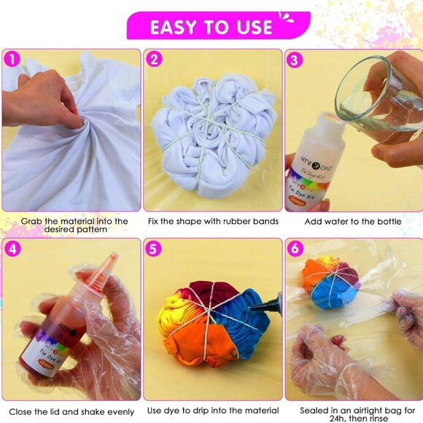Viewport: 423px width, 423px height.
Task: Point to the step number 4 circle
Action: pos(12,249)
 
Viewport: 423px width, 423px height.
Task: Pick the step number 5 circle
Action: pos(154,249)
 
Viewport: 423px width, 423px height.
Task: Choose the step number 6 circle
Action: pos(295,249)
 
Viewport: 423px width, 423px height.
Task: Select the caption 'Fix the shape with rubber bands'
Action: pos(212,221)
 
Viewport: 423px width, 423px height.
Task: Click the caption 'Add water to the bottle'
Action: pos(354,221)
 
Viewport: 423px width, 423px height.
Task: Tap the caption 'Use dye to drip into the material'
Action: pos(212,410)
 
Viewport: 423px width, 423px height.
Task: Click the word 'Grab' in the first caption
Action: pos(33,221)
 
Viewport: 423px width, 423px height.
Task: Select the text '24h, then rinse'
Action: pos(354,416)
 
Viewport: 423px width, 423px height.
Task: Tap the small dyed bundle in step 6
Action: pos(331,284)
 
